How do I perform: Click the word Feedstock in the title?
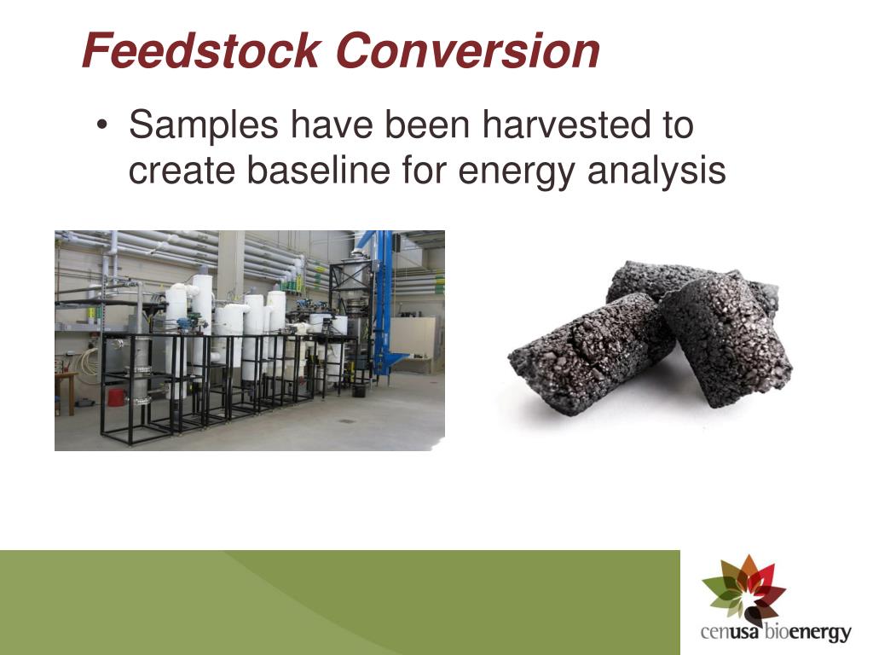201,51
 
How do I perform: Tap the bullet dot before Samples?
103,126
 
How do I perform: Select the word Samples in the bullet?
203,125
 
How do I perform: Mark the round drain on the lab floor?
348,420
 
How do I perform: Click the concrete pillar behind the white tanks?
230,264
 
